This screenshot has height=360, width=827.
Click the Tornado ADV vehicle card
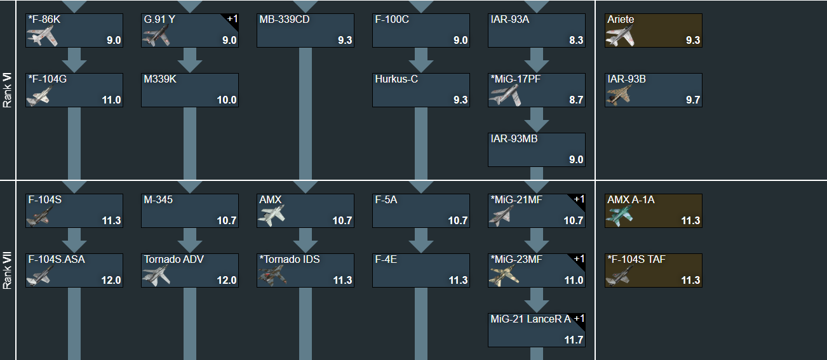click(x=190, y=270)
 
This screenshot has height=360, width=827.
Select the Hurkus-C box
click(x=420, y=90)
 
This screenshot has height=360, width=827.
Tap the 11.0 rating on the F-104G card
click(x=111, y=100)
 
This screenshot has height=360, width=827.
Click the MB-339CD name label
click(x=284, y=20)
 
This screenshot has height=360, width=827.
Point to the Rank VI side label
click(x=8, y=90)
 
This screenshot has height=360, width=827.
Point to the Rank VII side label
click(x=8, y=271)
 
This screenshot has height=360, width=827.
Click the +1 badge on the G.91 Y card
click(x=232, y=19)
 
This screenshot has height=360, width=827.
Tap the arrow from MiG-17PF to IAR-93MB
click(x=537, y=119)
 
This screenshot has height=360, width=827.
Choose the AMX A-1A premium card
click(x=653, y=211)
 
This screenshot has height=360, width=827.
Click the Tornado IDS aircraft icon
click(x=273, y=275)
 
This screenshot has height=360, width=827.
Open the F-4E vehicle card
click(x=420, y=270)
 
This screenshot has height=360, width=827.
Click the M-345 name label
click(x=158, y=200)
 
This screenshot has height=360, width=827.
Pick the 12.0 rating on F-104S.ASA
click(x=111, y=280)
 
